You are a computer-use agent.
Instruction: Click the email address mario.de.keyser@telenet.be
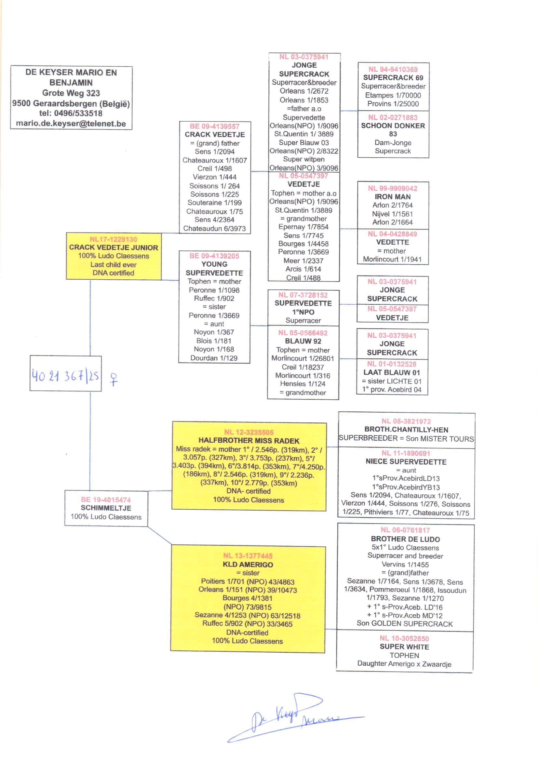click(71, 124)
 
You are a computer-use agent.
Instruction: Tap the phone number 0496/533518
click(78, 113)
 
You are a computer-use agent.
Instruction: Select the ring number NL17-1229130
click(113, 239)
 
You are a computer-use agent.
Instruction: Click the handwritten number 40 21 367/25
click(66, 376)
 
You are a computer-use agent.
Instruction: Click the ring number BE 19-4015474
click(106, 500)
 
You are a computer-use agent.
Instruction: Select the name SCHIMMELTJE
click(106, 508)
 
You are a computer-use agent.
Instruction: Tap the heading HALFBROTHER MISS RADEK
click(249, 441)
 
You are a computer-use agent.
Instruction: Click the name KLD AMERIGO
click(248, 565)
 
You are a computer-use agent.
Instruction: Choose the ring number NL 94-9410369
click(393, 69)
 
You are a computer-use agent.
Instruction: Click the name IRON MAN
click(393, 197)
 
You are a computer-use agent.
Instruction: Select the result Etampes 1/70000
click(393, 95)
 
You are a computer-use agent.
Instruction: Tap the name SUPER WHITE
click(404, 647)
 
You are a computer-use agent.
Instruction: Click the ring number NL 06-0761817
click(405, 530)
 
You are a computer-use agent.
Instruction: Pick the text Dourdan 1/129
click(214, 358)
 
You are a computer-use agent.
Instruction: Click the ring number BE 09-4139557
click(215, 126)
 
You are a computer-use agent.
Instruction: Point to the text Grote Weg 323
click(71, 93)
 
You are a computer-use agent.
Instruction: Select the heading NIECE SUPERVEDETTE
click(406, 462)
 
